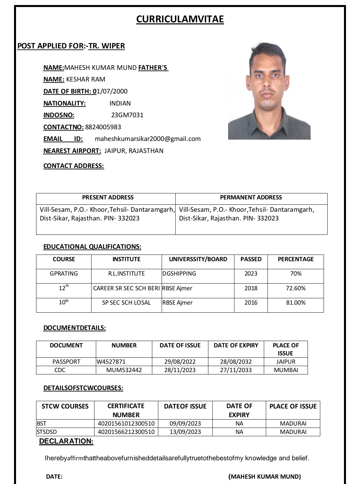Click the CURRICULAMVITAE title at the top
click(x=180, y=19)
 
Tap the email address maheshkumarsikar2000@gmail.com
click(x=148, y=139)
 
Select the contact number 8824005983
click(x=103, y=127)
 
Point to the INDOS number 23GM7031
click(x=127, y=115)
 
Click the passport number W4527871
click(x=111, y=361)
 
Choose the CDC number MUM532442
click(x=124, y=370)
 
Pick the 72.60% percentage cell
click(x=296, y=288)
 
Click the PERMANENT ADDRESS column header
click(x=251, y=197)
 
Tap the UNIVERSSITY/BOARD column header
click(x=198, y=259)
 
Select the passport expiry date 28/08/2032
click(x=236, y=361)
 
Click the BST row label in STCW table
click(x=42, y=423)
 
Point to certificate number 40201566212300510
click(x=126, y=432)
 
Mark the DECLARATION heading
click(x=66, y=441)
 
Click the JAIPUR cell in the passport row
click(x=286, y=361)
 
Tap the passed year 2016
click(x=251, y=302)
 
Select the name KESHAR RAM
click(x=86, y=79)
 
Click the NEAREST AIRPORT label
click(x=72, y=151)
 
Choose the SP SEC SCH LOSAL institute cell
click(x=126, y=302)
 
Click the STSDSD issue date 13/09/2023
click(x=185, y=432)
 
